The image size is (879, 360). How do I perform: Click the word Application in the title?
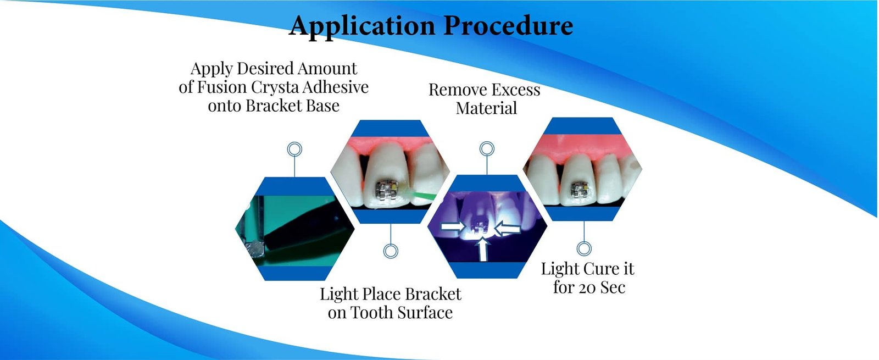363,26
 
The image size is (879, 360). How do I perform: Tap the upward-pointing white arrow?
483,248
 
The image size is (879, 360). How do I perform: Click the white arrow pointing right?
453,226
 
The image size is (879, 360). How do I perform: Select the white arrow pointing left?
509,227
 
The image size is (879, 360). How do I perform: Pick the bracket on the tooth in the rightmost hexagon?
578,190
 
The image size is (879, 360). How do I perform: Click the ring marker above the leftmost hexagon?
295,149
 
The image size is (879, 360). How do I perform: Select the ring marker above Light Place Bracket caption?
391,251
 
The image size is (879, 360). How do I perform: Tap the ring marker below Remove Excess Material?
487,148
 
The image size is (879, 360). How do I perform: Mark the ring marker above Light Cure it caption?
584,249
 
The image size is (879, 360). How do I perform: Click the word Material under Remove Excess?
486,108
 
